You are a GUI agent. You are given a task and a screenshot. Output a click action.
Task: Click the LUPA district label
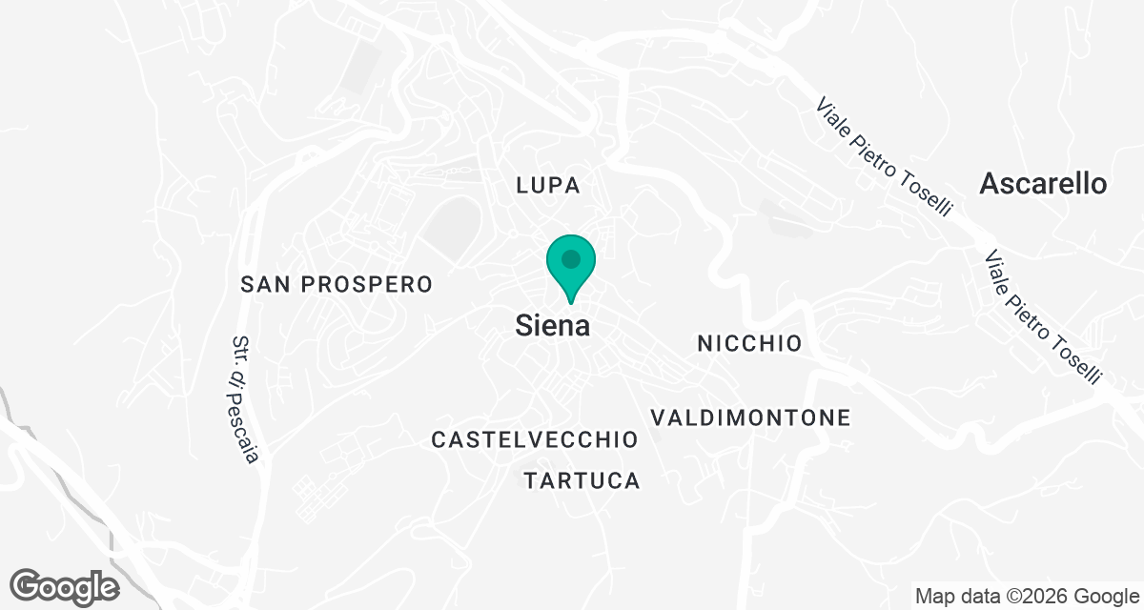(x=547, y=185)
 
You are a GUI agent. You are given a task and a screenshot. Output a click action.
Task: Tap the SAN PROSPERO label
(x=337, y=284)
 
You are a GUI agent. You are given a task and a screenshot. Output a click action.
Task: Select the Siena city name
(x=552, y=326)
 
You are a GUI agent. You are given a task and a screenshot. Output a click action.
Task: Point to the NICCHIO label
(x=749, y=343)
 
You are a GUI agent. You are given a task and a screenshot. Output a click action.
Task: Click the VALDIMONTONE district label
(x=749, y=417)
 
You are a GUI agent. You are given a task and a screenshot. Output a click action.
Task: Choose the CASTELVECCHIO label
(x=534, y=439)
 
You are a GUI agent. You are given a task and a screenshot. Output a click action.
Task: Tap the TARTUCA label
(x=582, y=480)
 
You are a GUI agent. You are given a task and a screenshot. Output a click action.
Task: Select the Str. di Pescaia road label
(x=245, y=399)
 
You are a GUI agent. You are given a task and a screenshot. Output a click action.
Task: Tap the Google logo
(x=65, y=585)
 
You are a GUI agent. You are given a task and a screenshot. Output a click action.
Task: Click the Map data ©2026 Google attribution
(x=1028, y=597)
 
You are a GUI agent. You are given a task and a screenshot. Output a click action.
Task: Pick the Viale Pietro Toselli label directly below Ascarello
(x=1043, y=316)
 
